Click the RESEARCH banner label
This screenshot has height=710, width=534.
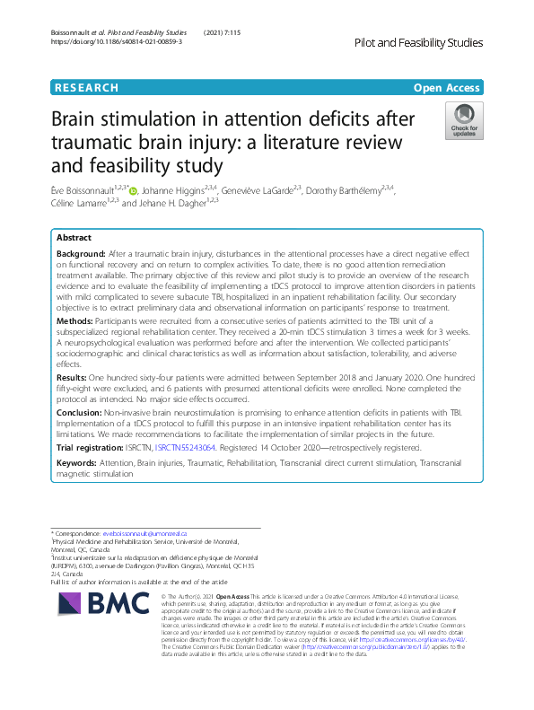pos(86,87)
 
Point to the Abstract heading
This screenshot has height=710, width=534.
pos(74,239)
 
